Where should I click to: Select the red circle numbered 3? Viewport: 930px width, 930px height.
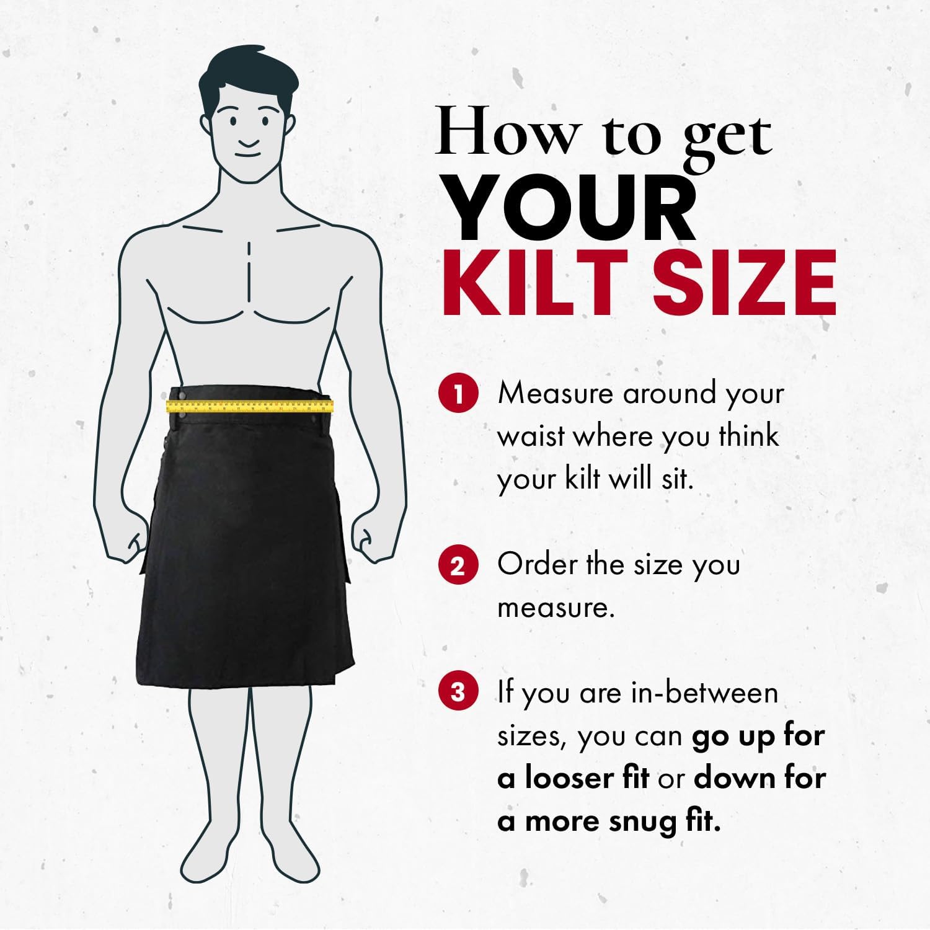tap(458, 692)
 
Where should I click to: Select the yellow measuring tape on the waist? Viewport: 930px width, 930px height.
tap(250, 406)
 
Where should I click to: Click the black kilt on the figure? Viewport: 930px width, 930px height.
tap(245, 558)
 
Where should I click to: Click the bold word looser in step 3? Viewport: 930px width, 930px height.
tap(587, 778)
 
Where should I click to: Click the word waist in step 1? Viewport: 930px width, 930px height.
tap(531, 436)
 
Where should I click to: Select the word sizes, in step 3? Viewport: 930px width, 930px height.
tap(532, 737)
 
